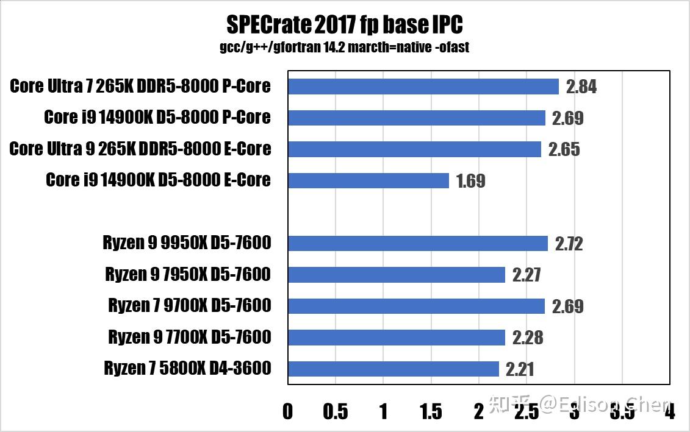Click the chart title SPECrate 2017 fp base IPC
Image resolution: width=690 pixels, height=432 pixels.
[x=344, y=25]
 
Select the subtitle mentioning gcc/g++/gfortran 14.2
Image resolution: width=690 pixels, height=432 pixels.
[x=344, y=47]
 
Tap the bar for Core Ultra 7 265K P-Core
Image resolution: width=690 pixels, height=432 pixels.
[x=423, y=87]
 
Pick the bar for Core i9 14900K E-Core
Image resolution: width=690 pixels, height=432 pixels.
[x=368, y=180]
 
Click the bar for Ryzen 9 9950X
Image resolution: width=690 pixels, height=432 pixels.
[x=417, y=244]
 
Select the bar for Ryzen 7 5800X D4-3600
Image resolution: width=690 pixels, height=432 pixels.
[x=393, y=369]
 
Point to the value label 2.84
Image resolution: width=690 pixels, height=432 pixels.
[x=581, y=87]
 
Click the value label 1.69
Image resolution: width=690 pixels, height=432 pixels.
[x=470, y=181]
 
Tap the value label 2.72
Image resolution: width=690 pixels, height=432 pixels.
[x=569, y=244]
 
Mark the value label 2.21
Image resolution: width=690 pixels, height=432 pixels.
[x=520, y=369]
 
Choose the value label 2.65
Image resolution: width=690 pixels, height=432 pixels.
[x=564, y=150]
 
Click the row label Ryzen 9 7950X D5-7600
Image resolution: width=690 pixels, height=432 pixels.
[x=188, y=275]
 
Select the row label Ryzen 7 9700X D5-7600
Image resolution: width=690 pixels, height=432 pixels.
[x=189, y=306]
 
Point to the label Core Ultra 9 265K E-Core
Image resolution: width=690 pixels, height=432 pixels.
[x=140, y=149]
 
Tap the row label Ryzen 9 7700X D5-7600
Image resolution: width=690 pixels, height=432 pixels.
[x=189, y=337]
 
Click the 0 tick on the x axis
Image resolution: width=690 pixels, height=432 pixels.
[x=288, y=412]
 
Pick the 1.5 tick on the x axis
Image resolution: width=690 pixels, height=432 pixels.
[x=431, y=412]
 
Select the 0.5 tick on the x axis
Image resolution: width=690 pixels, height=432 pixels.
[x=336, y=412]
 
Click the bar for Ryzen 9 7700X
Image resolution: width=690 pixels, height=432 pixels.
[x=397, y=337]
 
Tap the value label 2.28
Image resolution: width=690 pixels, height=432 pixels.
[x=527, y=338]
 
